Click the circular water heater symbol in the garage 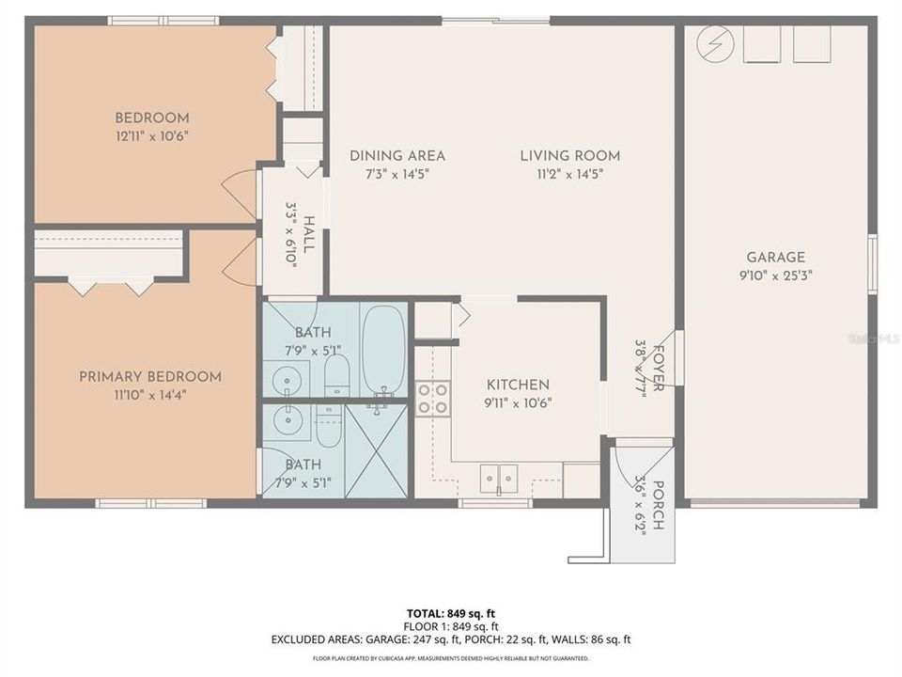(716, 43)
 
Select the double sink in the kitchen (497, 478)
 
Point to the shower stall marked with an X (376, 450)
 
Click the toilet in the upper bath (336, 376)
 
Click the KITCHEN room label (517, 385)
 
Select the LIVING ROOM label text (569, 155)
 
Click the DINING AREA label (397, 155)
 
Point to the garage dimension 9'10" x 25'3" (776, 276)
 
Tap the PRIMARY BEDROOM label (150, 376)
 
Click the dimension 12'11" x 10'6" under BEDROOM (151, 136)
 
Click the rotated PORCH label (658, 506)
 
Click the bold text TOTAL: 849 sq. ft (451, 611)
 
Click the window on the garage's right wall (872, 264)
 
